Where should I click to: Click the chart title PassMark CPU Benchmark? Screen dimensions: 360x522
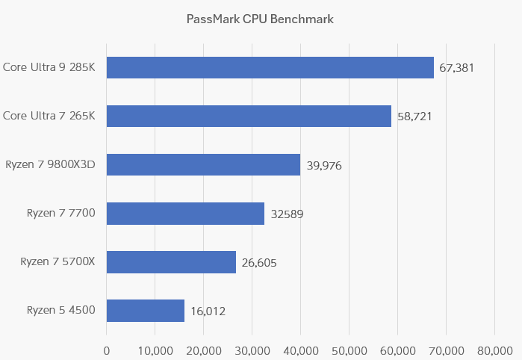click(x=260, y=19)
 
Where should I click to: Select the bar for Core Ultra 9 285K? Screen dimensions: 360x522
click(x=270, y=67)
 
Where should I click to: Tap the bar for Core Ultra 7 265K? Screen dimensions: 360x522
click(x=249, y=116)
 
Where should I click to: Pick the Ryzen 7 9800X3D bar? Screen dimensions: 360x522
click(x=203, y=164)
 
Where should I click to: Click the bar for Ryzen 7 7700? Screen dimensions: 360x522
click(x=185, y=214)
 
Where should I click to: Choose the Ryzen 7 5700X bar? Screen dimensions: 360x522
click(x=171, y=262)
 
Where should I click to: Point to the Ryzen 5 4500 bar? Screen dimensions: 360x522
click(x=146, y=311)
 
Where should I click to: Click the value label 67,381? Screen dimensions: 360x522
click(x=457, y=68)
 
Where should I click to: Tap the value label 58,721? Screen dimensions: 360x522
click(x=414, y=117)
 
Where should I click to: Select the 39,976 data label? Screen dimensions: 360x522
click(x=324, y=165)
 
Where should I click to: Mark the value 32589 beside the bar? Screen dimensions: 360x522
click(x=287, y=214)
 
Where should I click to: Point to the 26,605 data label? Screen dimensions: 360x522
click(x=259, y=263)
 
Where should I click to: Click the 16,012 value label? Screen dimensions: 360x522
click(x=208, y=311)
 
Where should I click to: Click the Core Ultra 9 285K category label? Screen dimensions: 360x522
click(x=49, y=67)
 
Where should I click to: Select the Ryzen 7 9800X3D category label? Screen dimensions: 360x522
click(x=51, y=164)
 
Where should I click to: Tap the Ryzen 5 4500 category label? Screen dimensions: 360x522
click(x=61, y=310)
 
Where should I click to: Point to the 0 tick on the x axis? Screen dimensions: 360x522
click(x=107, y=350)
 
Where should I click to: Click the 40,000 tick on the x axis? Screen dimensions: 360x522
click(x=300, y=350)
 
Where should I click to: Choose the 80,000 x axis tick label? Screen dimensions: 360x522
click(x=494, y=350)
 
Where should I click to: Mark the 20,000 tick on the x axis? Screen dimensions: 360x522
click(x=203, y=350)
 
